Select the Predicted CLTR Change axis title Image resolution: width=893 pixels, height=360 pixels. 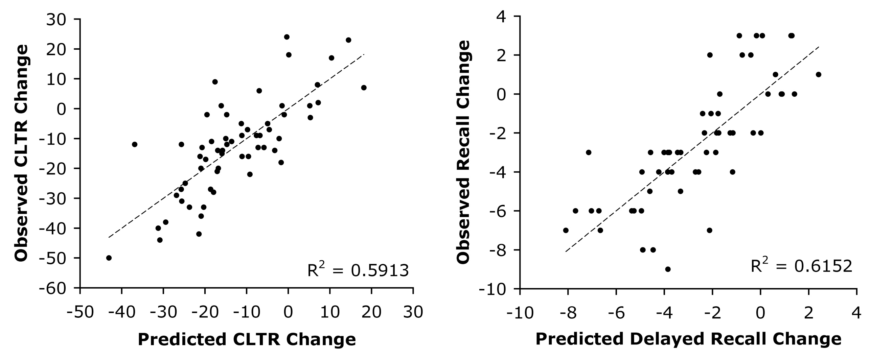[247, 339]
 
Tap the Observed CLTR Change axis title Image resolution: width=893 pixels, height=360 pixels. [22, 153]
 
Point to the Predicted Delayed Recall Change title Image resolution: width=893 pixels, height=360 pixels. [688, 339]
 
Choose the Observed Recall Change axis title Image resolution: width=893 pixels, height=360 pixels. [463, 152]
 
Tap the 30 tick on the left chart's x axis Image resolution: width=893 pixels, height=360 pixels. [413, 312]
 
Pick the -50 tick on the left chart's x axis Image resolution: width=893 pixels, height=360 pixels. [80, 312]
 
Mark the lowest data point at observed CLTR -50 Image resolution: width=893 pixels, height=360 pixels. [109, 258]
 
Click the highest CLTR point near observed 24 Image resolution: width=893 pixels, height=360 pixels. [287, 37]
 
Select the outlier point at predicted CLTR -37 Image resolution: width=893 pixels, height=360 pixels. [135, 144]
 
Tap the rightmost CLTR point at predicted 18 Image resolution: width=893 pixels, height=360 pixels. [364, 88]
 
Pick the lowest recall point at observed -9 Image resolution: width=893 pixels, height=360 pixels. [668, 269]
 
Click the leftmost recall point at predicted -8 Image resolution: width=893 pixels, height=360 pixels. [566, 230]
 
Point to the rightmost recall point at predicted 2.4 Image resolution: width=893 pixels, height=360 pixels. [819, 74]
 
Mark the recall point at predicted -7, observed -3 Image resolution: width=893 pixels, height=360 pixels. [589, 152]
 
